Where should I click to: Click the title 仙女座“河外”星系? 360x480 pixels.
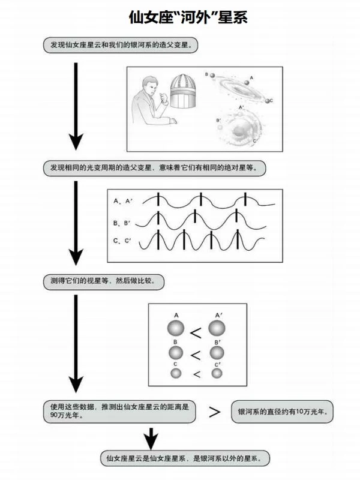188,17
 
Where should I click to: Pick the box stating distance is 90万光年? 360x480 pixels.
118,411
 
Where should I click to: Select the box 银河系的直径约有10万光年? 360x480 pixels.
282,412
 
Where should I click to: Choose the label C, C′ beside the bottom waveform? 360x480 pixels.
123,241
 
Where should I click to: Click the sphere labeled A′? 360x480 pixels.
217,328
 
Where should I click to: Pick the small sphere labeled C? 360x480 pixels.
176,373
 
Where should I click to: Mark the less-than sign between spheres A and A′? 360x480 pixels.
196,330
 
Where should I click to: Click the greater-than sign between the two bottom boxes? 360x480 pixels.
214,412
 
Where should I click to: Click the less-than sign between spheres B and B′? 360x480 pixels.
196,354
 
